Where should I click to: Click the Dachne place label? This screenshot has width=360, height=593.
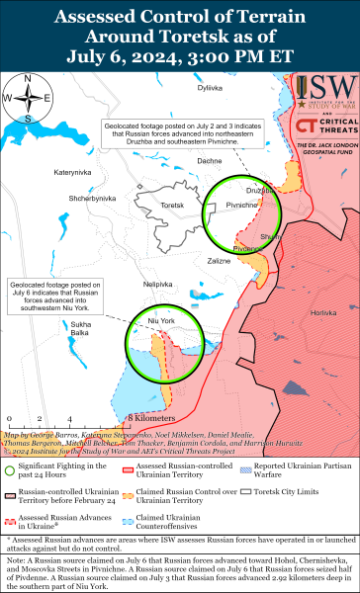pyautogui.click(x=209, y=160)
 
